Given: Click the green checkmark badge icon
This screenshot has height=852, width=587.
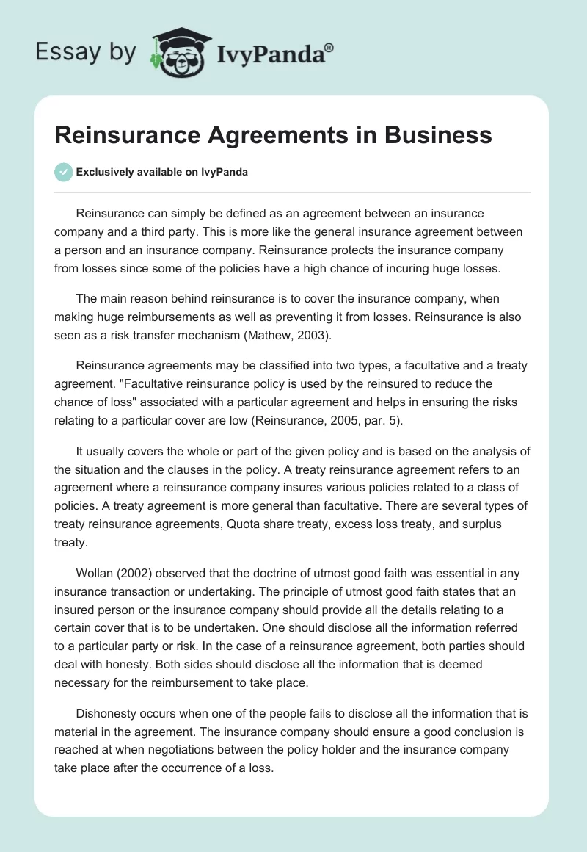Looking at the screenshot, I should [63, 172].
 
